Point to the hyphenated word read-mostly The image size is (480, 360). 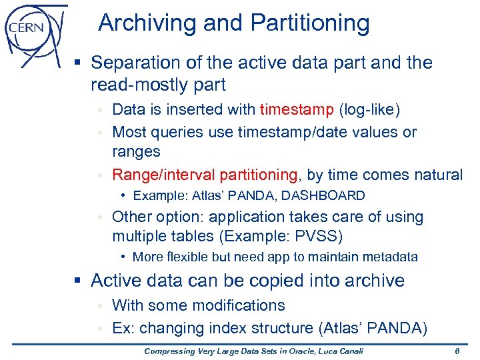pos(143,85)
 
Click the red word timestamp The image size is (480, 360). pos(297,109)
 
